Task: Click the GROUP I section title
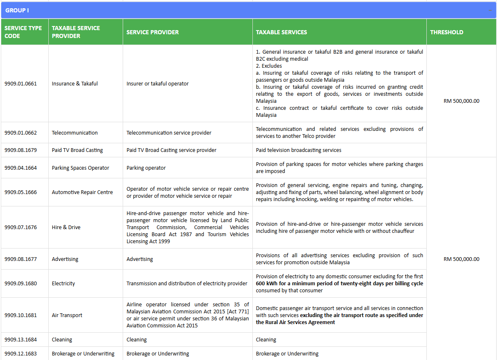tap(17, 10)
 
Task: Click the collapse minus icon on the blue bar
tap(490, 10)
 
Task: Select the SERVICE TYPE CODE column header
tap(23, 32)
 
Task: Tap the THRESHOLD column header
tap(447, 32)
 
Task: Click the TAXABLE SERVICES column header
tap(281, 32)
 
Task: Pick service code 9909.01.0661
tap(21, 83)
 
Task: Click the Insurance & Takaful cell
tap(75, 83)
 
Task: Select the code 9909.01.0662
tap(21, 133)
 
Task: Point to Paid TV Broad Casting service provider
tap(171, 150)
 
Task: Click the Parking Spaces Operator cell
tap(81, 168)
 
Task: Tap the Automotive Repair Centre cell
tap(82, 192)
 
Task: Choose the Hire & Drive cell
tap(66, 227)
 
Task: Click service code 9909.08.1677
tap(21, 259)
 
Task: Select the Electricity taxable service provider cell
tap(64, 284)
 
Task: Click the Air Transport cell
tap(67, 315)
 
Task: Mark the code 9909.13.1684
tap(21, 340)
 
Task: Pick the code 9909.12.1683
tap(21, 354)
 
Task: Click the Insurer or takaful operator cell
tap(157, 83)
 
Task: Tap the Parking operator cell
tap(146, 168)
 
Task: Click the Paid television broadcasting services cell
tap(299, 150)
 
